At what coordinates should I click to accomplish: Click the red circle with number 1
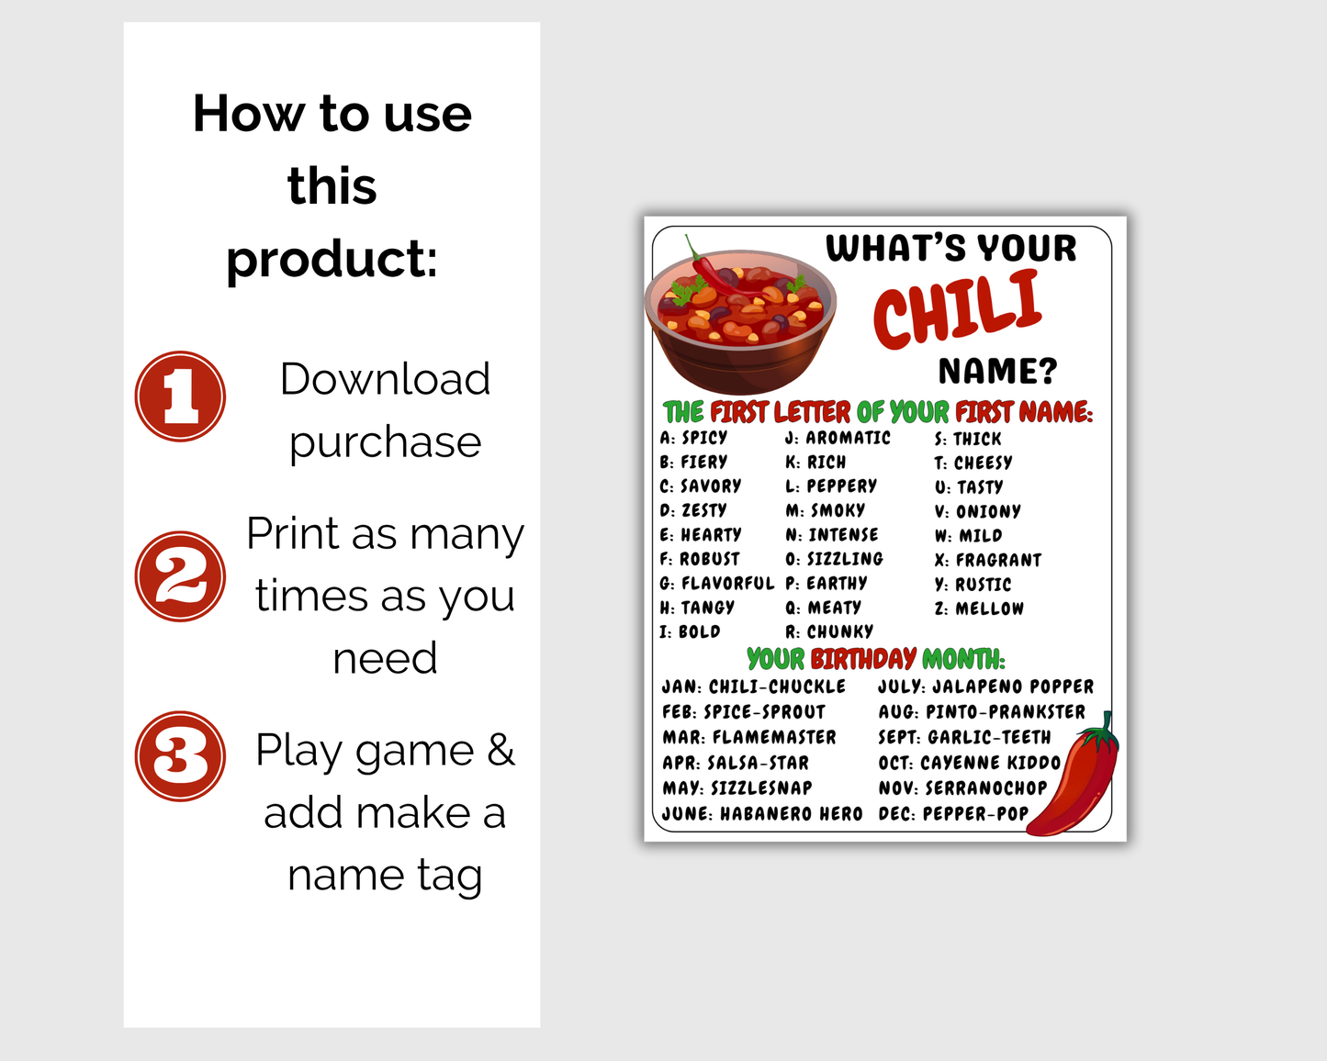(x=180, y=396)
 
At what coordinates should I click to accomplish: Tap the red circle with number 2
(x=180, y=576)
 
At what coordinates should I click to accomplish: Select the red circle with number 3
(x=180, y=756)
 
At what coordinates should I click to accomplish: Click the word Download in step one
(x=385, y=379)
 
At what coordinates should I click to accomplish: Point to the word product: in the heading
(x=332, y=259)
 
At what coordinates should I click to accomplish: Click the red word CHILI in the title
(x=957, y=309)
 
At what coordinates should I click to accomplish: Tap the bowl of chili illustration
(x=740, y=318)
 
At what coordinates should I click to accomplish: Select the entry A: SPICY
(x=693, y=438)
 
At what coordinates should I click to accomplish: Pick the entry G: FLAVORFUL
(x=716, y=583)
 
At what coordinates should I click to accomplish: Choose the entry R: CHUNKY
(x=829, y=631)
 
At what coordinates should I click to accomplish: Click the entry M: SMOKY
(x=825, y=510)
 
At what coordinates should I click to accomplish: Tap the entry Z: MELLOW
(x=979, y=609)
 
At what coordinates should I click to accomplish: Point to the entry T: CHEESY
(x=973, y=463)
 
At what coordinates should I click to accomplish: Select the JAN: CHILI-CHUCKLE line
(x=754, y=687)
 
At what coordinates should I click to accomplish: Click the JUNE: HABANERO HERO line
(x=762, y=813)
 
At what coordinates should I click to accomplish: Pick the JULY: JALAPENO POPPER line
(x=985, y=687)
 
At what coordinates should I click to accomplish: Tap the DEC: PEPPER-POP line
(x=953, y=813)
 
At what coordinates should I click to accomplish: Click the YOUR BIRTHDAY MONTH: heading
(x=876, y=658)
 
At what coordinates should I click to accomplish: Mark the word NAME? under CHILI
(x=997, y=371)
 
